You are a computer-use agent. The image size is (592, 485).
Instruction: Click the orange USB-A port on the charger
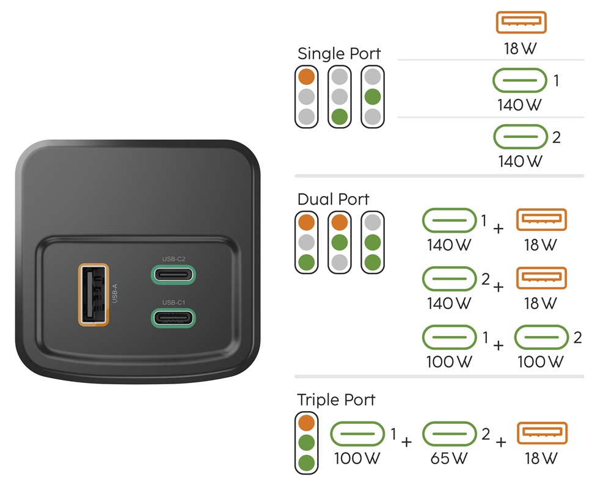93,293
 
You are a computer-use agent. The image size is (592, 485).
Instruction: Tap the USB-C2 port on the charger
174,274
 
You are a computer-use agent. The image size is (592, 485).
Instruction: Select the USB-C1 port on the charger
174,318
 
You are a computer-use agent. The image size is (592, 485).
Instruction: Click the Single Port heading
339,54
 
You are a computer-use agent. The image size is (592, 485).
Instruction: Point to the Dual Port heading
333,199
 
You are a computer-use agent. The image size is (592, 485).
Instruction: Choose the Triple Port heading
336,400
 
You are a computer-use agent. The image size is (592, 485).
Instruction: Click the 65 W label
449,458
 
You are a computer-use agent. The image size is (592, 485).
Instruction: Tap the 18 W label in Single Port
520,49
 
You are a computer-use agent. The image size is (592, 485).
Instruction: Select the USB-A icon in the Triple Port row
543,434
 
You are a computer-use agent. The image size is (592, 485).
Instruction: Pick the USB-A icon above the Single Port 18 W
521,23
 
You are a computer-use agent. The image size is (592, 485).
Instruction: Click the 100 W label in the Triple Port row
357,458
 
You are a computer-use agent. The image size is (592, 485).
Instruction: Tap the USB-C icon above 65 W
449,434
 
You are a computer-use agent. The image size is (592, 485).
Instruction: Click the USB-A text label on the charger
115,293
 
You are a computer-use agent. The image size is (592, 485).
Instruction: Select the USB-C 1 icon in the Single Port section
520,80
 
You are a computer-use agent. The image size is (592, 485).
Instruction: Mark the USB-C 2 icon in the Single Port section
520,137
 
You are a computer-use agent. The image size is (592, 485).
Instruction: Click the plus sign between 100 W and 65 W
406,441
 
